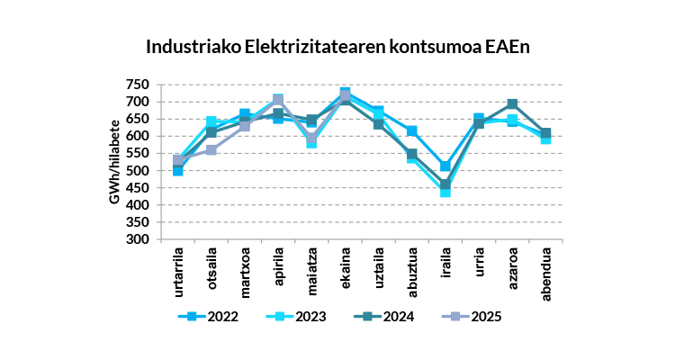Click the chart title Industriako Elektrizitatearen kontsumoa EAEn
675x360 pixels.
point(337,46)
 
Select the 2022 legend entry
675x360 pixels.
point(208,316)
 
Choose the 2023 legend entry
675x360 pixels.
point(298,316)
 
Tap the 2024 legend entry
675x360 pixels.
point(387,316)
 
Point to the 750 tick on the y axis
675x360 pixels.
point(137,84)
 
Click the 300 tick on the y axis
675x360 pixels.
point(137,239)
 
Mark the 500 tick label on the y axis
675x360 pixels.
point(137,170)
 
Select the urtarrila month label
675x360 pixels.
point(177,271)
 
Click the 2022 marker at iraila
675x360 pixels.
point(445,166)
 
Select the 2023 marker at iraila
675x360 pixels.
point(445,191)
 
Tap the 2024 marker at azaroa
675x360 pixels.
point(512,104)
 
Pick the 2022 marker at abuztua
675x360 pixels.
point(412,131)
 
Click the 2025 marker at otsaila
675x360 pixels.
point(211,149)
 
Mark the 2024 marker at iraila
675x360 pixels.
point(445,184)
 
